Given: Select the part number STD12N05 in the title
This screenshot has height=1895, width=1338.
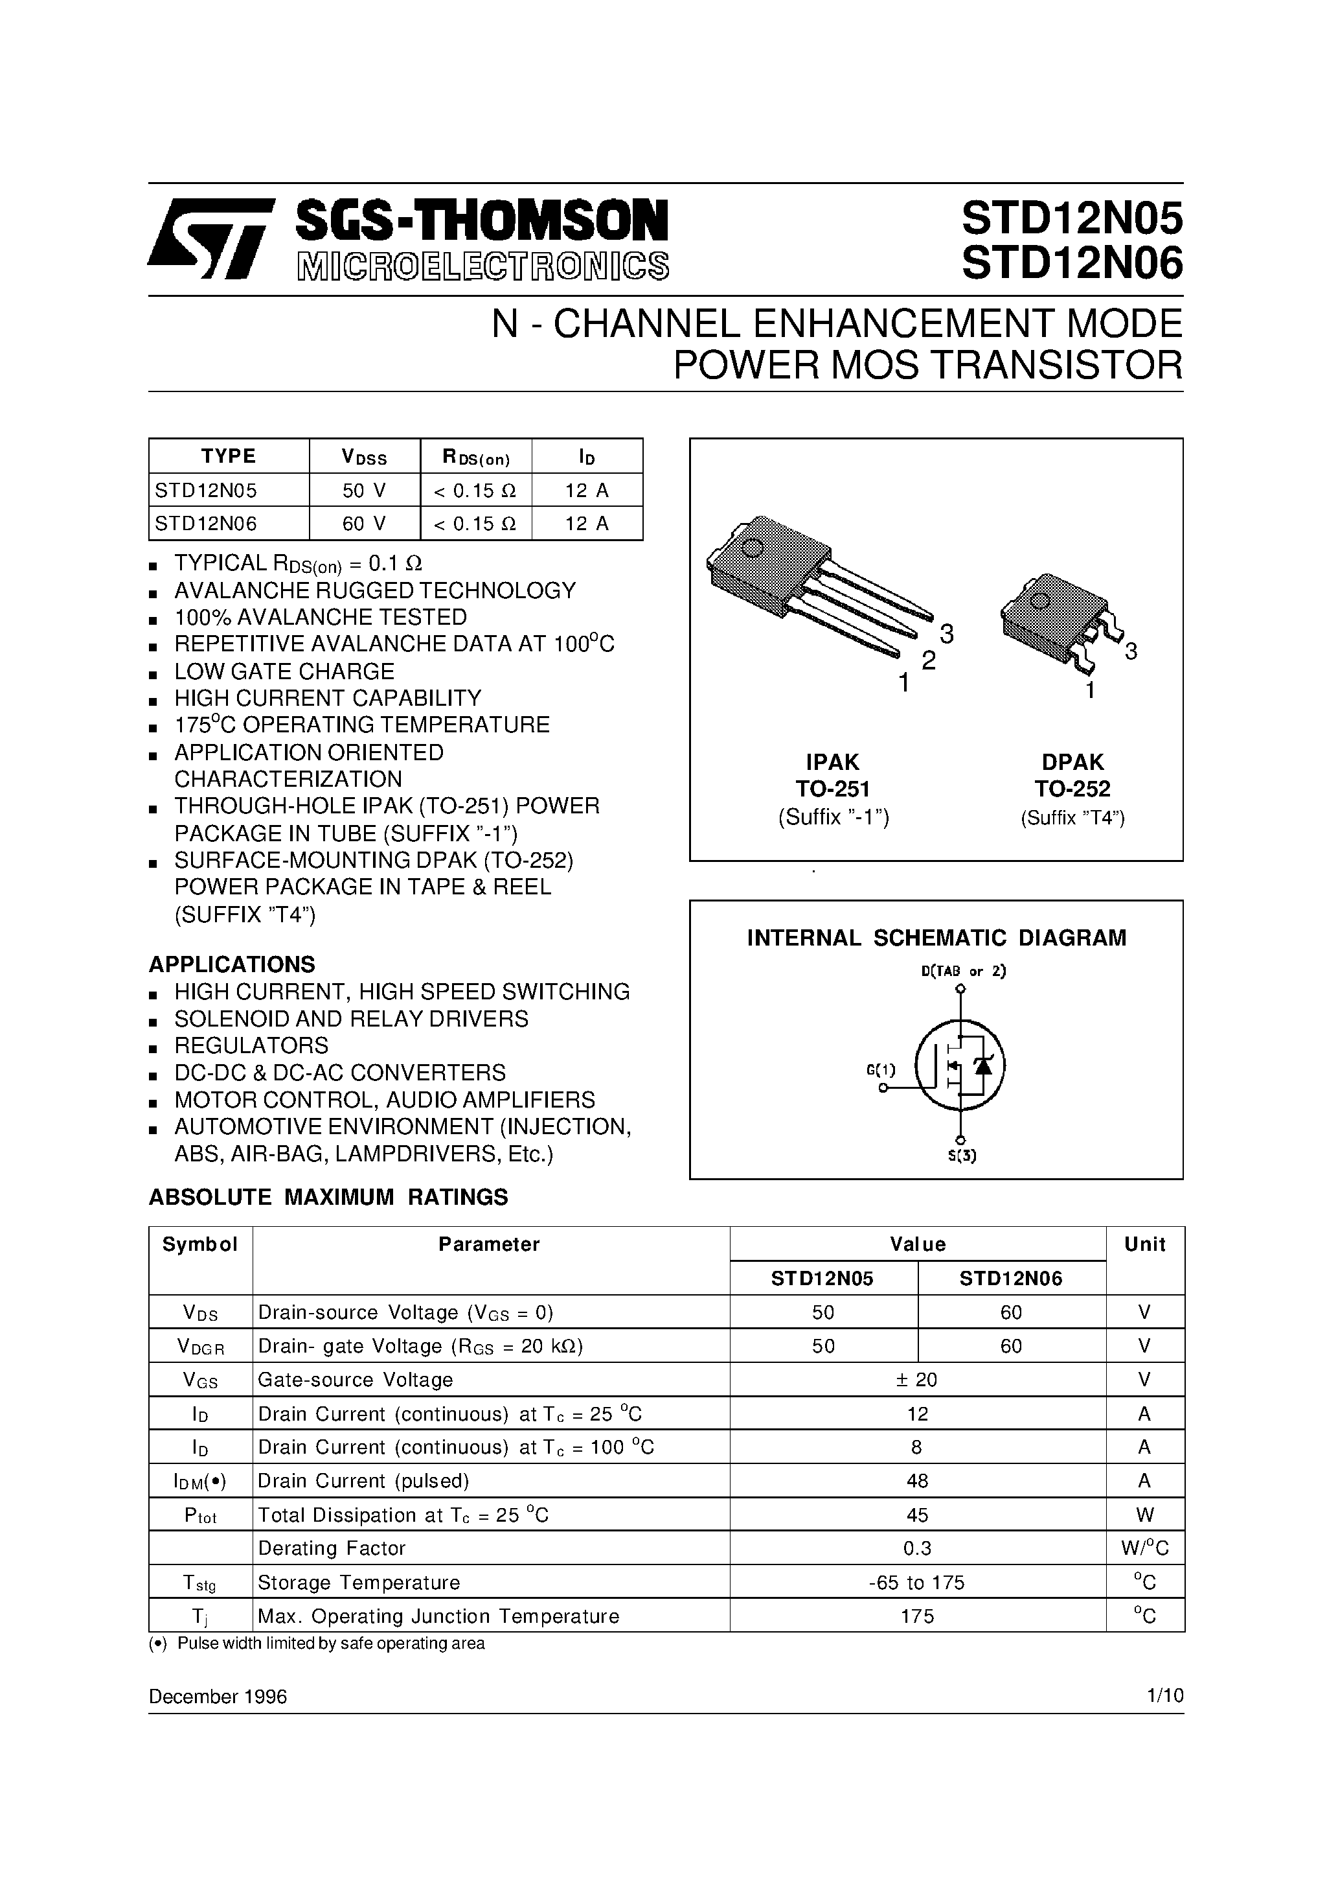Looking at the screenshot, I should [1072, 220].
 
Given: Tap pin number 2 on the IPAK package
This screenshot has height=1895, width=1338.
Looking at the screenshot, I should [929, 660].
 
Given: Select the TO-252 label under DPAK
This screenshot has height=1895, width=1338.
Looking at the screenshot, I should [1072, 789].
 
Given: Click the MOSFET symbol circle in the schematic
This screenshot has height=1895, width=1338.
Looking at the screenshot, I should [960, 1065].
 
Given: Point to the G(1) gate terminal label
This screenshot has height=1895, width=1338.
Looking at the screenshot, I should [880, 1069].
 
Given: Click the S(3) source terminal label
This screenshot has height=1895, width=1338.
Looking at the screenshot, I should [961, 1156].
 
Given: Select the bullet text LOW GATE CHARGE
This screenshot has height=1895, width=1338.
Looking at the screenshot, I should [284, 671].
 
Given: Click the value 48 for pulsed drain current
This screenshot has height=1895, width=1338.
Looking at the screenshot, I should [916, 1481].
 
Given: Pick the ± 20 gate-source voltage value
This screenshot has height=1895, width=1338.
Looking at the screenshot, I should [916, 1379].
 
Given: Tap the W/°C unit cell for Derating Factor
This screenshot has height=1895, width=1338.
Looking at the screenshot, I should [1144, 1548].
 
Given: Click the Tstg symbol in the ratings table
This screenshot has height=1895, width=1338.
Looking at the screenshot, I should [201, 1582].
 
